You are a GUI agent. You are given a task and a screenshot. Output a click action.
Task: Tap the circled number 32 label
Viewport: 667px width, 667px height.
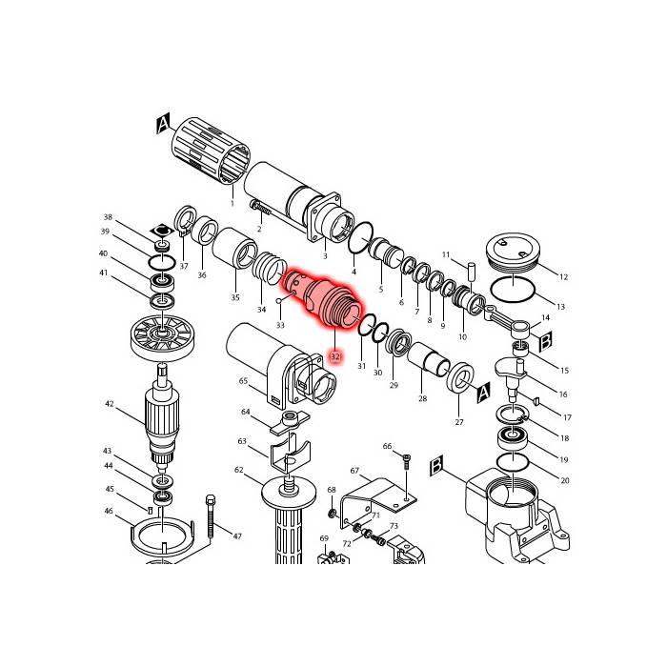coord(335,357)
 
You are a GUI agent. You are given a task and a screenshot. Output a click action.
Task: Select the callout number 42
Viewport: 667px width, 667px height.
coord(110,404)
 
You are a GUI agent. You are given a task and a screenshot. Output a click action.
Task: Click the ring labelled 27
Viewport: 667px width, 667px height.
coord(460,378)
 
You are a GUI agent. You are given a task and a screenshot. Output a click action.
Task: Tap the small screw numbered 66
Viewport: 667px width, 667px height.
coord(408,464)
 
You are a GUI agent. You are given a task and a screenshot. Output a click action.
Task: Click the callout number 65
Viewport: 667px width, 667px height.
coord(243,380)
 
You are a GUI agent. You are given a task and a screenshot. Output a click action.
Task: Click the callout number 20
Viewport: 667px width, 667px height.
coord(564,481)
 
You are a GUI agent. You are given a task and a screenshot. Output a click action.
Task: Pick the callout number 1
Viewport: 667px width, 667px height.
coord(232,203)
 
